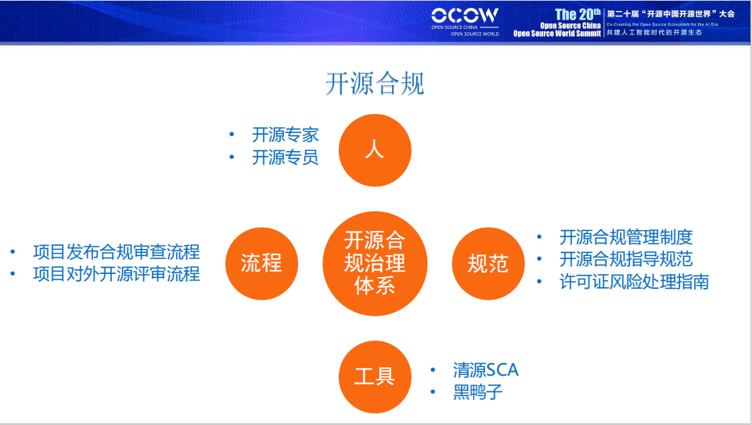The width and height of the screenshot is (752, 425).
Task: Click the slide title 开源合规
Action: pos(375,84)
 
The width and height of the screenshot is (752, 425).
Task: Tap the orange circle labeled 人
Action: pos(375,149)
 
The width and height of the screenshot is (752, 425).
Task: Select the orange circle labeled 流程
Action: pos(261,263)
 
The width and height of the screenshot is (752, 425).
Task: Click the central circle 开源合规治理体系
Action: pos(375,263)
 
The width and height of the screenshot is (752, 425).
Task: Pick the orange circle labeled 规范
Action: pos(488,263)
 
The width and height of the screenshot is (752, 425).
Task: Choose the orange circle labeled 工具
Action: pos(375,376)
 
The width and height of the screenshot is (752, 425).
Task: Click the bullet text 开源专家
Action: pos(285,135)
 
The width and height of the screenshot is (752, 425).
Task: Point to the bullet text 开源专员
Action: pos(285,157)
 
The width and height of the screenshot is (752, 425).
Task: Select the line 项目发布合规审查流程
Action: pos(116,252)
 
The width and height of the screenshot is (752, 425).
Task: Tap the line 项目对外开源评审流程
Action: pos(116,274)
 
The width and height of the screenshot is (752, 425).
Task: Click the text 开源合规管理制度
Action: pos(626,237)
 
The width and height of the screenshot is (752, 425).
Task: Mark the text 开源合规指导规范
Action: pos(626,259)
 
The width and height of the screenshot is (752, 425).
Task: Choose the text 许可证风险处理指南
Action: pos(634,282)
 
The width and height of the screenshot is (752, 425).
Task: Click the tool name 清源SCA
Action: pos(485,369)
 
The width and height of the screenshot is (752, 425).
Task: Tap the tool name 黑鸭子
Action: pos(477,392)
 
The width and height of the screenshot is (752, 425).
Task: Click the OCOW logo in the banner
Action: pos(465,16)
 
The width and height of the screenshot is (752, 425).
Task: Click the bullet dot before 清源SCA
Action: pos(433,370)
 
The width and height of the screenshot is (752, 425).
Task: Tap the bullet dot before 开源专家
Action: pos(232,135)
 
